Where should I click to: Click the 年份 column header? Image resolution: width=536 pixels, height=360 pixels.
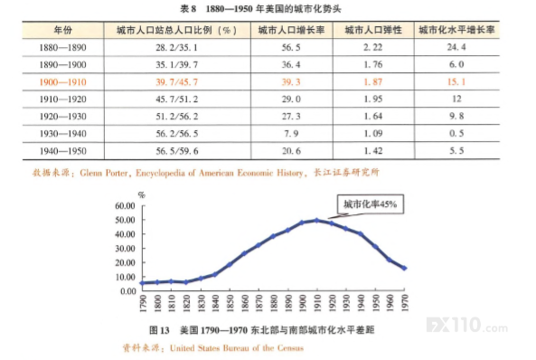pos(63,30)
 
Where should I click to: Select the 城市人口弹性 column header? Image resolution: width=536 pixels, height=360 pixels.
pos(373,30)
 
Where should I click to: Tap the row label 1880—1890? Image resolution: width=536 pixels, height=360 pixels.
pos(63,47)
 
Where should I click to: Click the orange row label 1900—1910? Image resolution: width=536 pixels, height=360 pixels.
pos(63,82)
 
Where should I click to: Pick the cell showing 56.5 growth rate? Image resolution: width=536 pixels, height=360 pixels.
pos(291,47)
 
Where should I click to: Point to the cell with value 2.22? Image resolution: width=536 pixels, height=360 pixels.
pos(373,47)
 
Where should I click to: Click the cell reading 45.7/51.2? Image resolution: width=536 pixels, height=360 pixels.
pos(177,99)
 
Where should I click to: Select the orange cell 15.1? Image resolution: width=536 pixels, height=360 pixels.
pos(456,81)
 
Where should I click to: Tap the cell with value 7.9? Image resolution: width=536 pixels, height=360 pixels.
pos(291,134)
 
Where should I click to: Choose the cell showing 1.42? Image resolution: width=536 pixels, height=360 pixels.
pos(373,151)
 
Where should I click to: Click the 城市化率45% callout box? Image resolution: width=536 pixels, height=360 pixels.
pos(371,204)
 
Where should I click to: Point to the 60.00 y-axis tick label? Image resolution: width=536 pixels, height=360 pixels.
pos(125,205)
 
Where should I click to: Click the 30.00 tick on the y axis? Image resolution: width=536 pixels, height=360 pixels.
pos(125,249)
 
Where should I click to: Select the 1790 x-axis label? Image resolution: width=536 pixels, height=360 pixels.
pos(143,303)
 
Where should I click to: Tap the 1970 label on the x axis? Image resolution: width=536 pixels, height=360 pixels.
pos(405,302)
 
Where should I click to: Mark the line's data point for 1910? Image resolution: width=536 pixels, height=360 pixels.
pos(317,221)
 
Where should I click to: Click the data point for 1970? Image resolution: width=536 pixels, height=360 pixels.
pos(405,269)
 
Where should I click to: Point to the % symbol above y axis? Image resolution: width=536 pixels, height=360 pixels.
pos(142,195)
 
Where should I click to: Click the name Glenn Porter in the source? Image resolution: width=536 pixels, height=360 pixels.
pos(104,173)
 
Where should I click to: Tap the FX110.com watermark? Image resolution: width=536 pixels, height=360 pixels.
pos(467,325)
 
